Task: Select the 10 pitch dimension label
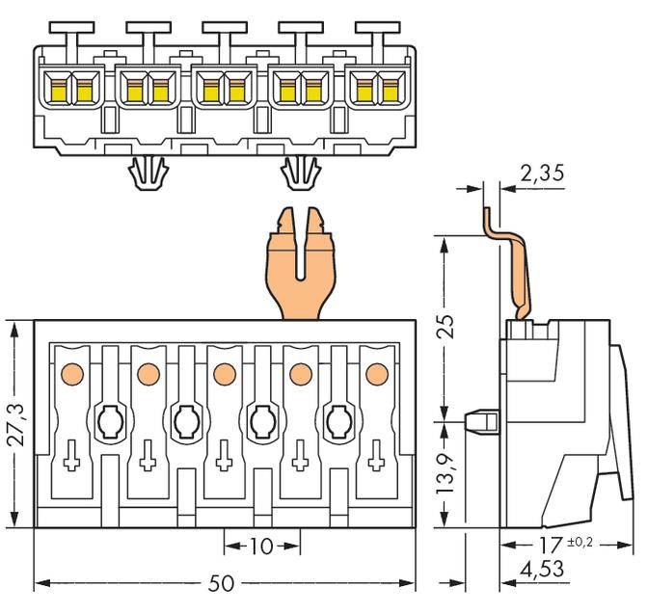[260, 546]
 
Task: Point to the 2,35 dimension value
[541, 173]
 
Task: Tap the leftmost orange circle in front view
[69, 373]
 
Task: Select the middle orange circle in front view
[225, 373]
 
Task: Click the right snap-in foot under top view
[302, 174]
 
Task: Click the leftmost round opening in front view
[108, 420]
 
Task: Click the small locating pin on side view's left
[478, 421]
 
